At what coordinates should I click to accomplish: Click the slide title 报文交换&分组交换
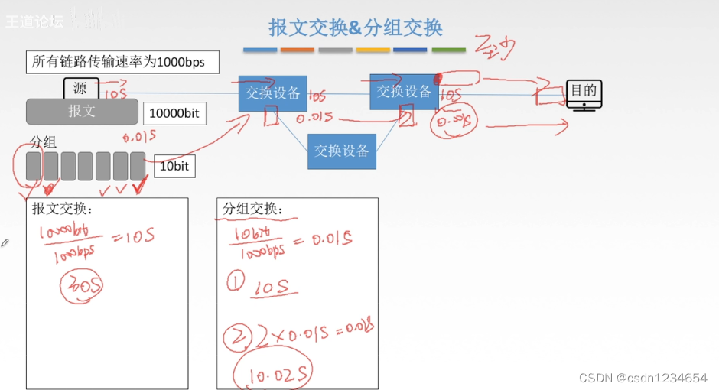[x=356, y=28]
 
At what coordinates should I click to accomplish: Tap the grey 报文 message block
[x=82, y=111]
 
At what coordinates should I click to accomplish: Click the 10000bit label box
[x=174, y=113]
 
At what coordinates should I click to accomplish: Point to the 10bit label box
[x=174, y=166]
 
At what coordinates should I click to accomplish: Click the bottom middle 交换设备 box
[x=342, y=151]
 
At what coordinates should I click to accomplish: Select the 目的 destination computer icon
[x=583, y=95]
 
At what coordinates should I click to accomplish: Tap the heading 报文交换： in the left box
[x=62, y=209]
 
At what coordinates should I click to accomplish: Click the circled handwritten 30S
[x=82, y=285]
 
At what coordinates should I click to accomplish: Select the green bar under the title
[x=448, y=50]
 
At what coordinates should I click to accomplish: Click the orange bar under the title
[x=298, y=50]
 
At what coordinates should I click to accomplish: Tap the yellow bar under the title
[x=373, y=50]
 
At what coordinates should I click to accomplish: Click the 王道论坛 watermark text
[x=34, y=22]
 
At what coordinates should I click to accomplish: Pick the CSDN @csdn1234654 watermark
[x=643, y=378]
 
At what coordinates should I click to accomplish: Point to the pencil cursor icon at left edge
[x=5, y=242]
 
